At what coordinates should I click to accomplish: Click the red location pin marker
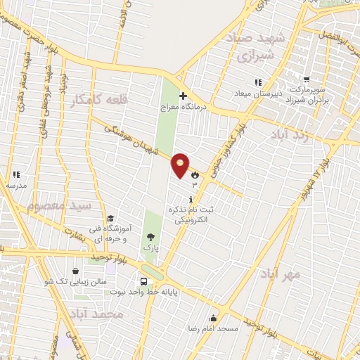181,166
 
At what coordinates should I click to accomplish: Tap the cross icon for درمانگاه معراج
183,96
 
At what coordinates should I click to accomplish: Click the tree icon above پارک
150,237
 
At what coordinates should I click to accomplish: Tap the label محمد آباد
102,314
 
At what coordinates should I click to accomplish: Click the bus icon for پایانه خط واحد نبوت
143,282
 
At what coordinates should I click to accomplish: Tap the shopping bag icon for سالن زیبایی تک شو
75,271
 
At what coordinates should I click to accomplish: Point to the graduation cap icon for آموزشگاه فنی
110,219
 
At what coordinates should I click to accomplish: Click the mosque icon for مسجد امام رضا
214,318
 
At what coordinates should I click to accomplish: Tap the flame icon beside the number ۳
195,173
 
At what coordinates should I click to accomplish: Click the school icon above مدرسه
15,174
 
